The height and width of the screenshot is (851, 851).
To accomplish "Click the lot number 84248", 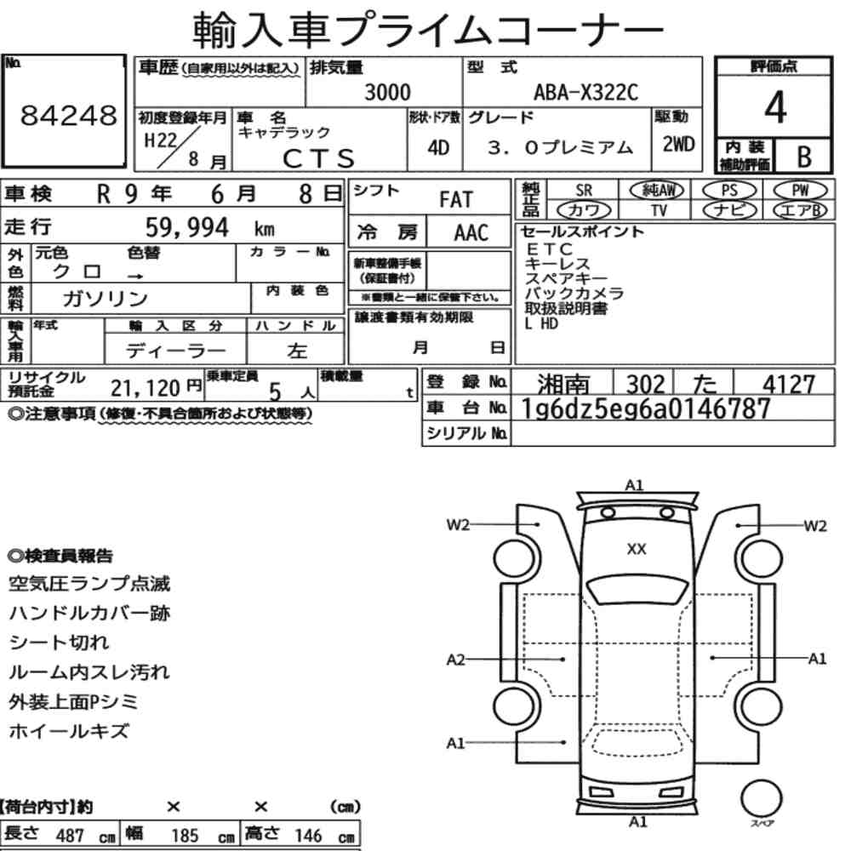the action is point(68,115).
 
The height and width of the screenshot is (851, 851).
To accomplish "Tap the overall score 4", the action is point(775,107).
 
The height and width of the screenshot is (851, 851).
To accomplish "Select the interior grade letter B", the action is point(804,157).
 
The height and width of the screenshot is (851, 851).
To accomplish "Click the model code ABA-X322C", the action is point(585,92).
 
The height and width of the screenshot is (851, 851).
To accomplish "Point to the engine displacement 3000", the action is point(387,92).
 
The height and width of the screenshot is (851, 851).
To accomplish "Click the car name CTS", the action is point(319,158).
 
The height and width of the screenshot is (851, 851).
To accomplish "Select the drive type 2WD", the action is point(678,144).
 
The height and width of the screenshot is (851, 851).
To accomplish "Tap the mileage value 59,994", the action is point(187,227).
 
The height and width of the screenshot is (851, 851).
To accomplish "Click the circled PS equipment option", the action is point(729,191).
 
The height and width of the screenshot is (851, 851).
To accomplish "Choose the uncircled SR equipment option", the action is point(584,191).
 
